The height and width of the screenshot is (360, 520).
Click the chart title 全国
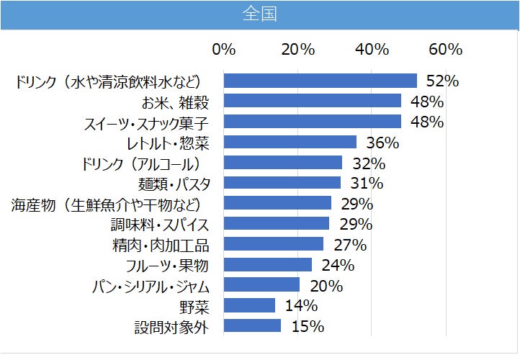[x=259, y=14]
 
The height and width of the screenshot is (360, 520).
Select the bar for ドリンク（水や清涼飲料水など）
[x=320, y=81]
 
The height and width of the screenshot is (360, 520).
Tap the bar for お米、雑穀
[x=313, y=101]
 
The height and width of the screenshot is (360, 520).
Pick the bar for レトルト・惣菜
[x=290, y=142]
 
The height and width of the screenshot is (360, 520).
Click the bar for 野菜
[x=250, y=306]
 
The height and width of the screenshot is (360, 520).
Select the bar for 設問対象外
[x=252, y=326]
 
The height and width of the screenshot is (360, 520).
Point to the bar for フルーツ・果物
[x=268, y=265]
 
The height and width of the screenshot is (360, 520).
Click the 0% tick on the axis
[x=224, y=50]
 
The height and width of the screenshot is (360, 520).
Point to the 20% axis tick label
[x=297, y=50]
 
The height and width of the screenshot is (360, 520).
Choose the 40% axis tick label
[x=372, y=50]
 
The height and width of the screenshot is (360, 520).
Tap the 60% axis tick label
[x=445, y=50]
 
